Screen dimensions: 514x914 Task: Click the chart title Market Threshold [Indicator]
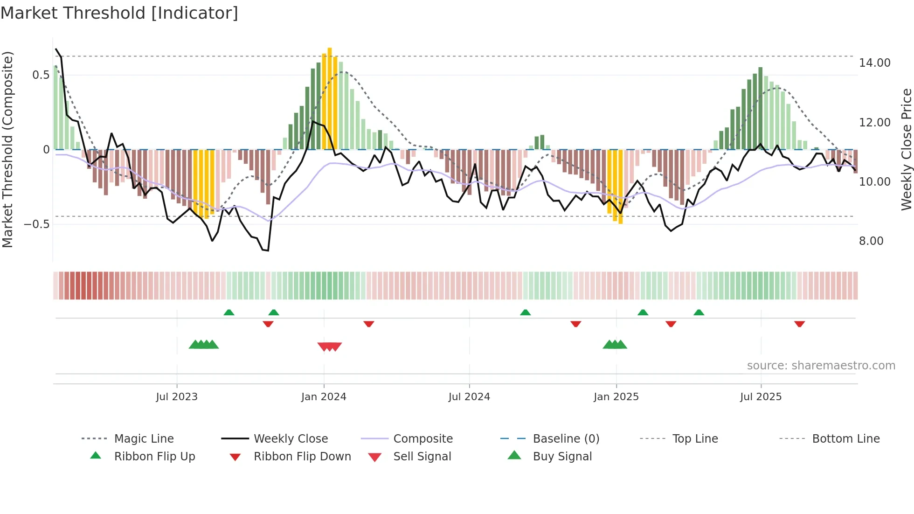point(119,13)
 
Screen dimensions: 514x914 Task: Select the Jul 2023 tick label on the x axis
point(177,397)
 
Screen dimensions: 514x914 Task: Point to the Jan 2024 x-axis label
point(324,397)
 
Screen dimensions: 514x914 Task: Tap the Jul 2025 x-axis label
point(761,397)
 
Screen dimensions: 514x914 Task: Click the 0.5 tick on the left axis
point(41,75)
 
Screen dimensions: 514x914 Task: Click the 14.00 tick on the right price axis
point(874,63)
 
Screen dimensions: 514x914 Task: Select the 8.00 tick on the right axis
point(871,241)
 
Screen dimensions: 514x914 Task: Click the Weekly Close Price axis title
point(906,149)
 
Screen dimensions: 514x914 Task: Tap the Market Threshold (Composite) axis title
point(8,149)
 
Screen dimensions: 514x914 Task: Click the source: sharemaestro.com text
point(821,366)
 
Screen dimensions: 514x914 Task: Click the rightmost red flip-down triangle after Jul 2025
point(799,324)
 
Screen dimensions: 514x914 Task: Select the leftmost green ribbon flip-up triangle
point(229,313)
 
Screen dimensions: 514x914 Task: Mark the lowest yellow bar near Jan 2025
point(620,187)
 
